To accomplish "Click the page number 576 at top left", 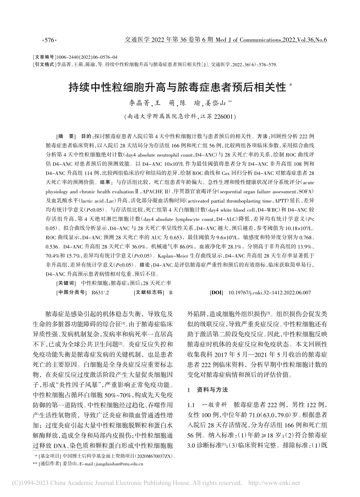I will (x=49, y=41).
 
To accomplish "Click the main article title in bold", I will (x=177, y=88).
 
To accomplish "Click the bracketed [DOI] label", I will (x=216, y=292).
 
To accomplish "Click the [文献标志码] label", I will (x=149, y=292).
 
